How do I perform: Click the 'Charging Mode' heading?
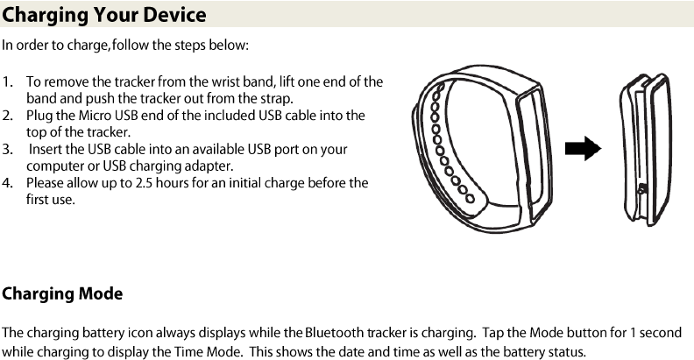62,293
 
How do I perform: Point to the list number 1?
7,81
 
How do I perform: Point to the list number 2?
7,116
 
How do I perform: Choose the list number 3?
7,150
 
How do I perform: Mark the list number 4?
7,183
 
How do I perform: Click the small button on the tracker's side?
642,189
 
